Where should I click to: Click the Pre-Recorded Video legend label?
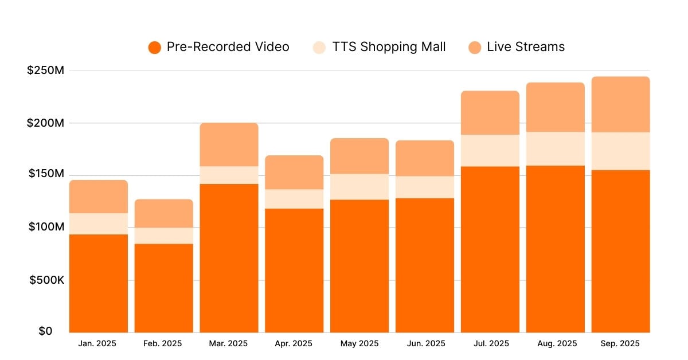tap(228, 47)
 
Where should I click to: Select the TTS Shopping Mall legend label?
tap(389, 47)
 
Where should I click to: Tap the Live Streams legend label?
tap(525, 47)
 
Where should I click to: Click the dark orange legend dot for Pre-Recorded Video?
tap(154, 48)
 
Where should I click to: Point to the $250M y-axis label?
tap(45, 71)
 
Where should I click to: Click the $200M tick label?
tap(45, 123)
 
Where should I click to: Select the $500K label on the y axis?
tap(45, 280)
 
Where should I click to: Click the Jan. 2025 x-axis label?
tap(98, 344)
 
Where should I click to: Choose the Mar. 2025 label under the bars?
tap(229, 344)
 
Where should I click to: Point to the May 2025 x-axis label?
tap(359, 344)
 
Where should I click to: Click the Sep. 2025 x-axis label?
tap(621, 344)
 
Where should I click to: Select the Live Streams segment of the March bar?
tap(229, 144)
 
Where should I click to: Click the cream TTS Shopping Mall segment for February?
tap(163, 236)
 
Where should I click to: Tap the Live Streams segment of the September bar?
tap(621, 104)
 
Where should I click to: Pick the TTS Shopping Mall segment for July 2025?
tap(490, 150)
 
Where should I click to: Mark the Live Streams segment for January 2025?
tap(98, 197)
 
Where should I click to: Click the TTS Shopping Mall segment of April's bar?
tap(294, 199)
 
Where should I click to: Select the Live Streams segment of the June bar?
tap(425, 158)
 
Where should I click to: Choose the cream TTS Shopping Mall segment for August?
tap(556, 149)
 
